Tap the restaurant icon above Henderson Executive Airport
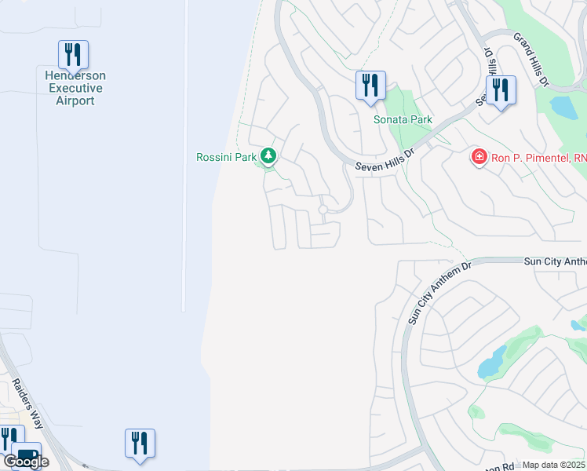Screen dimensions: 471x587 coord(73,55)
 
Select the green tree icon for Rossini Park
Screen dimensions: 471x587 coord(268,156)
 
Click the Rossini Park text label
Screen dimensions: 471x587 coord(226,157)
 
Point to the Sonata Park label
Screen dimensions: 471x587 coord(403,120)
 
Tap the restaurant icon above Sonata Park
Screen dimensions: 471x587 coord(370,85)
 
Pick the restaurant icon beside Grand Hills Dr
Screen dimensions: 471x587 coord(501,90)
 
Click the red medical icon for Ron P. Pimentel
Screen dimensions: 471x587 coord(478,158)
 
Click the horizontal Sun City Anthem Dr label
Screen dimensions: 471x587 coord(554,261)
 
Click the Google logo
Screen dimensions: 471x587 coord(27,462)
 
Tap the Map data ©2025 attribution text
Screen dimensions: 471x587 coord(553,465)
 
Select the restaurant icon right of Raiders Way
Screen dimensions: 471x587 coord(140,443)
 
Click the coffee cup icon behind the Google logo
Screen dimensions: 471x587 coord(27,454)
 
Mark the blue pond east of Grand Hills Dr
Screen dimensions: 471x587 coord(563,106)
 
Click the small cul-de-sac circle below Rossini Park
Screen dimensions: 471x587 coord(323,210)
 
